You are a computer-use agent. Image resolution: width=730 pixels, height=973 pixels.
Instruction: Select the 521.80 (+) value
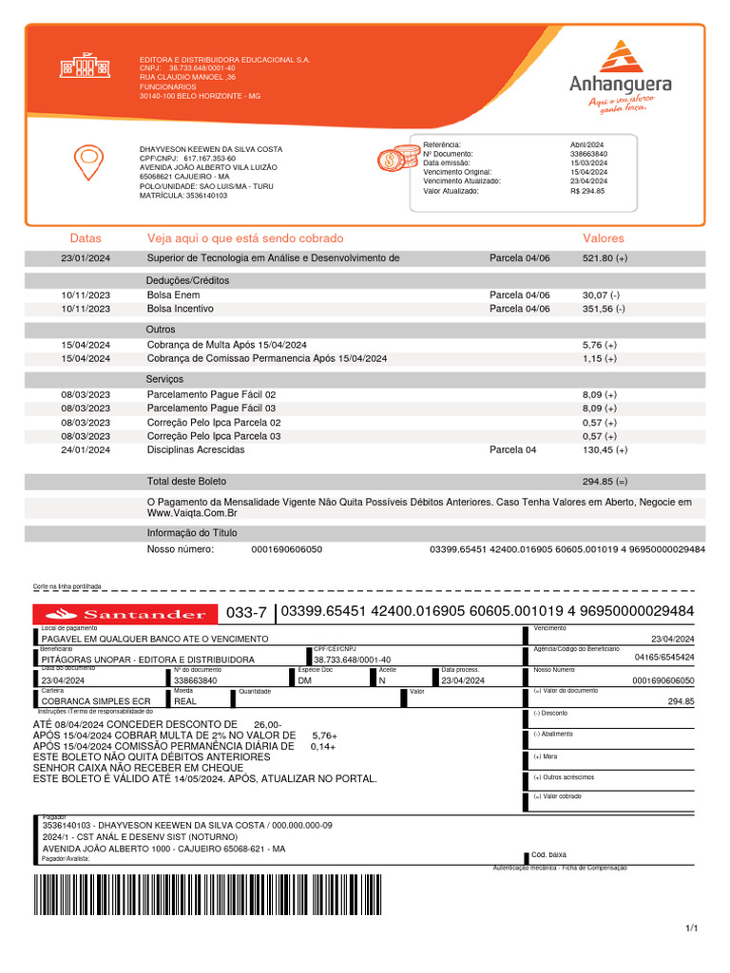coord(605,258)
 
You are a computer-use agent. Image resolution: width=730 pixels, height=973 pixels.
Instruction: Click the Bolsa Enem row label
coord(173,296)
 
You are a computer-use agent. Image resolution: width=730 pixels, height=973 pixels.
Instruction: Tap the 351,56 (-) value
coord(604,309)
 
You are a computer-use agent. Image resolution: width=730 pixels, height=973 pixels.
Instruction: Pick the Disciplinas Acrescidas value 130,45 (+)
coord(605,449)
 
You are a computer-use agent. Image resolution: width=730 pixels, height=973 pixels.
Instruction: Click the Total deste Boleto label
coord(186,482)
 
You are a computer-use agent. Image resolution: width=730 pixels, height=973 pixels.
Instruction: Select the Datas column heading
coord(86,238)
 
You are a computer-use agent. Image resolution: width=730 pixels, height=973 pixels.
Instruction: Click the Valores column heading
coord(604,238)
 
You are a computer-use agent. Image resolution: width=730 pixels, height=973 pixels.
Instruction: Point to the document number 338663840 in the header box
coord(589,153)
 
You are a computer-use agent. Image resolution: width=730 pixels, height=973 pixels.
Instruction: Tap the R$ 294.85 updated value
coord(587,191)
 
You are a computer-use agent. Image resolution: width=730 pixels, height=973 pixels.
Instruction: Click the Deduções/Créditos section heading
coord(187,281)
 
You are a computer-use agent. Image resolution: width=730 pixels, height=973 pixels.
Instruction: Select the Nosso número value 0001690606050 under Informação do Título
coord(286,549)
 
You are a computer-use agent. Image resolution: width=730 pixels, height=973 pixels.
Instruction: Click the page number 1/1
coord(691,928)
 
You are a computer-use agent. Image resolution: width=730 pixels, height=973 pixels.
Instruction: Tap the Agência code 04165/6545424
coord(663,657)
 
